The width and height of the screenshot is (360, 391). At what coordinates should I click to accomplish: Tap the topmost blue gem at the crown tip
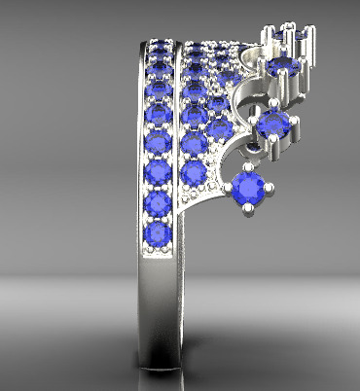[x=289, y=35]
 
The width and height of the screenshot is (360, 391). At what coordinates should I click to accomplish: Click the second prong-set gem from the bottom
[x=274, y=124]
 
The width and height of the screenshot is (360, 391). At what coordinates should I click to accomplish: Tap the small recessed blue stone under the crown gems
[x=255, y=146]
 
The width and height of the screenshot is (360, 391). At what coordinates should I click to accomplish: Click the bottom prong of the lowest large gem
[x=252, y=207]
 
